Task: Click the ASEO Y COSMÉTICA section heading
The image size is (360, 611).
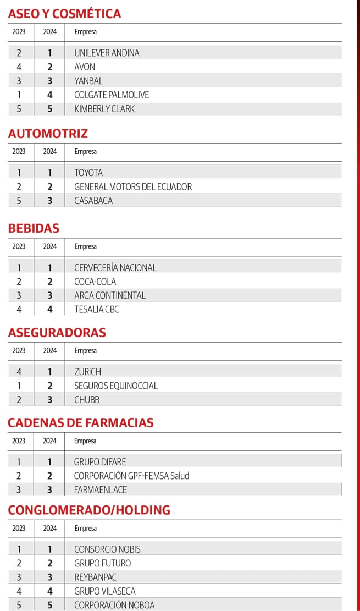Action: tap(64, 14)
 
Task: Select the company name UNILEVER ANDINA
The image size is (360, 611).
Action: tap(107, 53)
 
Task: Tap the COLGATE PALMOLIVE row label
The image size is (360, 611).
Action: tap(112, 95)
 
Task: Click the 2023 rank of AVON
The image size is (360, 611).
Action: tap(19, 67)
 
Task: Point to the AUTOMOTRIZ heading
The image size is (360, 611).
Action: tap(48, 134)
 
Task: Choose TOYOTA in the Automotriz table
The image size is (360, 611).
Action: tap(88, 173)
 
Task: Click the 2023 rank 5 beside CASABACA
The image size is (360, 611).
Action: tap(19, 201)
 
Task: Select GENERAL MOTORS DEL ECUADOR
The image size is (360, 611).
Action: tap(133, 186)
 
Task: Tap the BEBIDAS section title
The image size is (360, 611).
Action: tap(34, 228)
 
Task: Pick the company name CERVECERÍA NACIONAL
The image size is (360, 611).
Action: tap(115, 268)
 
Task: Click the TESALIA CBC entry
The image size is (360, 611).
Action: tap(97, 309)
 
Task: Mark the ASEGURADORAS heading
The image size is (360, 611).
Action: tap(57, 333)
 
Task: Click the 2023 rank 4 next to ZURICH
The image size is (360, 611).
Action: tap(19, 372)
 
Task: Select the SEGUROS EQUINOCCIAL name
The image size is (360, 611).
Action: tap(116, 386)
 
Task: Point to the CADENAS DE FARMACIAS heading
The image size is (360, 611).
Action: tap(80, 423)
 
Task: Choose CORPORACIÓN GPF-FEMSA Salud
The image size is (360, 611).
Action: tap(131, 476)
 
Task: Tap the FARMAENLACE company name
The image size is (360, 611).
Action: tap(101, 489)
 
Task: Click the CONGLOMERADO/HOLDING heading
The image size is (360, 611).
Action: tap(89, 510)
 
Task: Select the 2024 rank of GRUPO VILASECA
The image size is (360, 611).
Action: tap(50, 591)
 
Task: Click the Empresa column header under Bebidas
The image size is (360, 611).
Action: tap(85, 246)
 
